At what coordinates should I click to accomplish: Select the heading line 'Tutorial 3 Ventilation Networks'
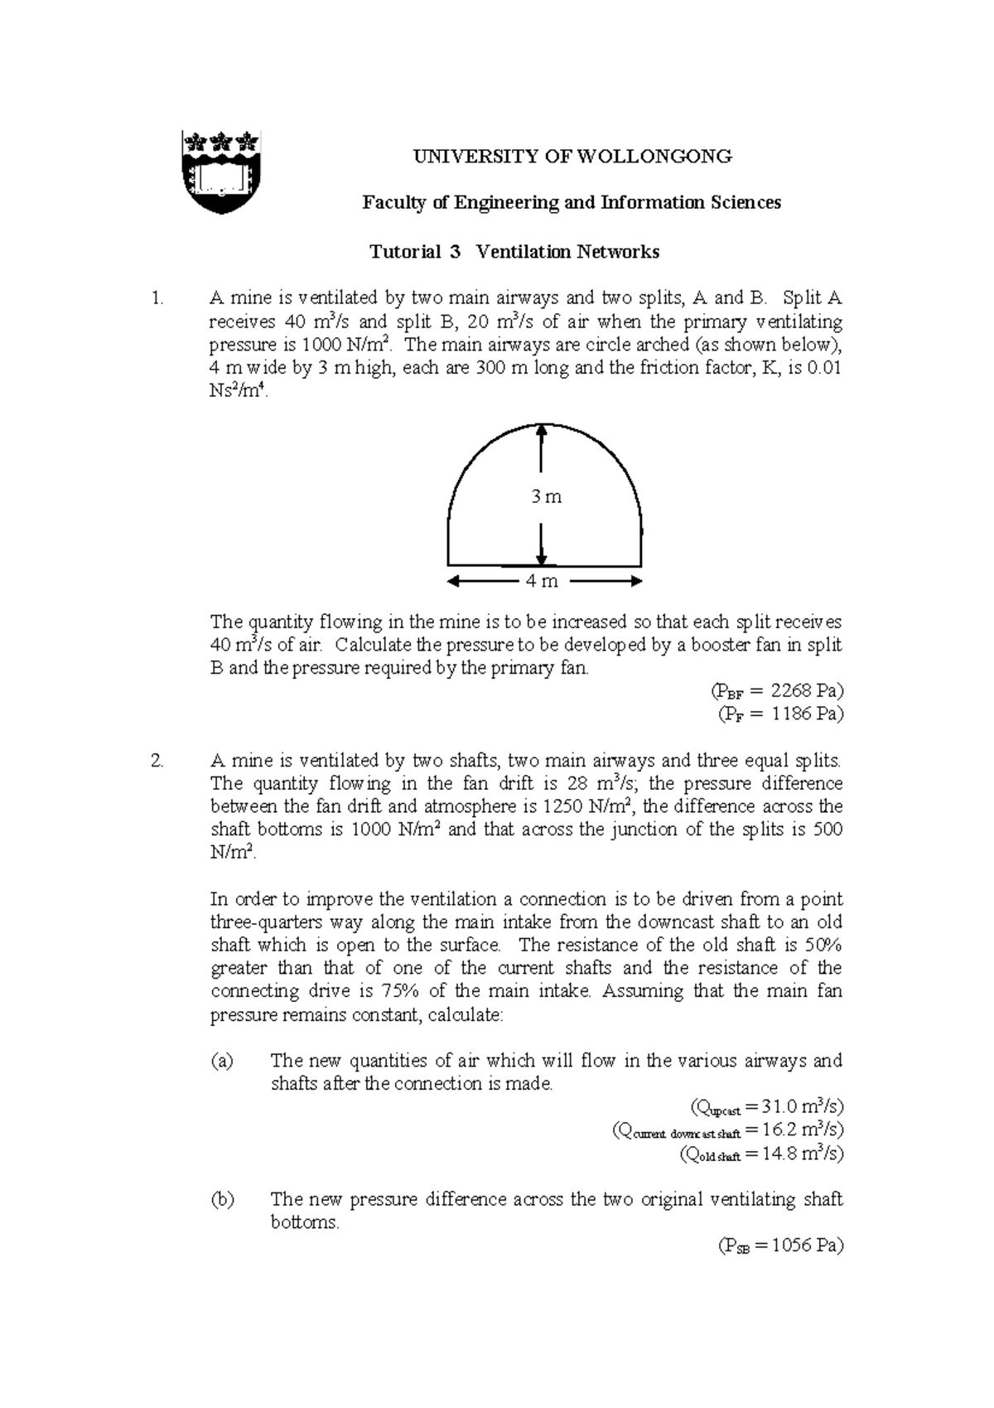tap(514, 252)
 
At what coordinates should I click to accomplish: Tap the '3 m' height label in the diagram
tap(546, 496)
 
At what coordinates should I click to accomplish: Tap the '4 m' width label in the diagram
tap(543, 581)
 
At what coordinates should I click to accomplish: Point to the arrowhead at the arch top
tap(541, 432)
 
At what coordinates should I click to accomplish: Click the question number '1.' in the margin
tap(158, 298)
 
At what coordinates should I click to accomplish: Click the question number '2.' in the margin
tap(159, 760)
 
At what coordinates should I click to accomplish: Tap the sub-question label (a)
tap(223, 1061)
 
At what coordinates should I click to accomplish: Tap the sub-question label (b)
tap(223, 1199)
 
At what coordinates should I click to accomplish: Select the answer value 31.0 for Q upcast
tap(779, 1106)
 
